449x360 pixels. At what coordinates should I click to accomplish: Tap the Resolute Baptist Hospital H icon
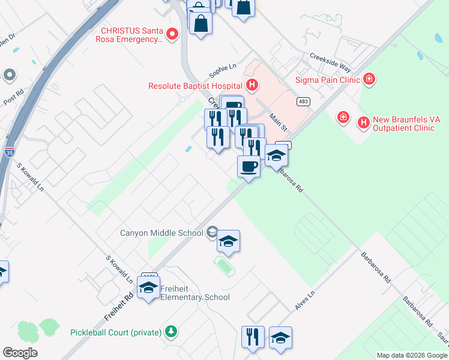[252, 85]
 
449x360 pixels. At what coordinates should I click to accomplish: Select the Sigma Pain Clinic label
[327, 79]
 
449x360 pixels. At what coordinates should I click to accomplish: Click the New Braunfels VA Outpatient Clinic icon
[363, 123]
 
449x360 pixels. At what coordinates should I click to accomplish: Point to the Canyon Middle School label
[162, 233]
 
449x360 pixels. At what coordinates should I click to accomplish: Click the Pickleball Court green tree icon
[171, 331]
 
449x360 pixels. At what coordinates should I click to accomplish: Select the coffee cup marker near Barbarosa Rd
[249, 166]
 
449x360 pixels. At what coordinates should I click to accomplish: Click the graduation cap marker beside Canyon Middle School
[228, 241]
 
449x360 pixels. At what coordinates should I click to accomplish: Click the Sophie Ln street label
[223, 71]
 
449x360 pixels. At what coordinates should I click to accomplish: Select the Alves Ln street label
[305, 301]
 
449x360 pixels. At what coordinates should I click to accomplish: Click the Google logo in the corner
[20, 352]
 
